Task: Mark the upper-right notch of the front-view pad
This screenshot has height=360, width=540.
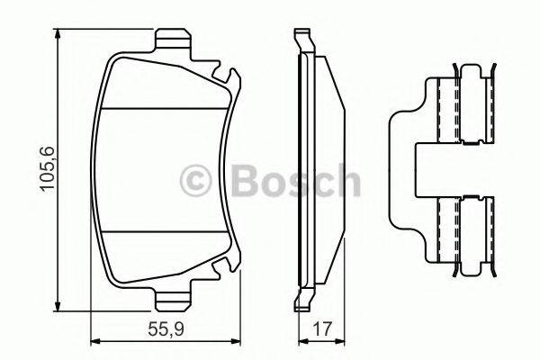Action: pos(230,81)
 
